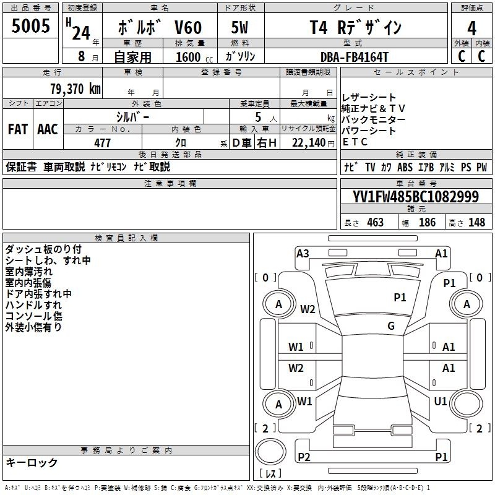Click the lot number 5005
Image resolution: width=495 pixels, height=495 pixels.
click(x=30, y=25)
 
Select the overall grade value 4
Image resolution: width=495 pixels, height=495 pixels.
click(x=471, y=28)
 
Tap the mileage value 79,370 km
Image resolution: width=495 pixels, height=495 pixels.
click(x=75, y=89)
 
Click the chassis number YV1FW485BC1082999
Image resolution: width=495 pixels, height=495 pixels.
click(x=416, y=197)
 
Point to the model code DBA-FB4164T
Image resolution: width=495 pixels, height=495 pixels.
click(x=354, y=57)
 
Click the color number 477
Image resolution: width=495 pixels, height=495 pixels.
click(x=102, y=143)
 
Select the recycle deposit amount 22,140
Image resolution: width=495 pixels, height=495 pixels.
click(x=309, y=143)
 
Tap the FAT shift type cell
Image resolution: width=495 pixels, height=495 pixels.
click(x=18, y=129)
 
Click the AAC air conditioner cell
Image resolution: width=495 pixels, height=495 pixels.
click(x=48, y=129)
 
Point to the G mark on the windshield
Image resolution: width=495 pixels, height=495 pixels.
click(x=391, y=325)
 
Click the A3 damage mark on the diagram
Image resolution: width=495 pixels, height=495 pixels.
click(x=303, y=254)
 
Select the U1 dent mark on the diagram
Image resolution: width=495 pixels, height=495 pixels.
click(x=441, y=401)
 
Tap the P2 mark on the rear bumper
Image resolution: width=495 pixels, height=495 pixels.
click(x=304, y=457)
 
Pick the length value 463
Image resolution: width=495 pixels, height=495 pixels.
click(x=376, y=222)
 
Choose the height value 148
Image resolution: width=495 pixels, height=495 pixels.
click(x=476, y=222)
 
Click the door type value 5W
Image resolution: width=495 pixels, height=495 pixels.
click(x=239, y=27)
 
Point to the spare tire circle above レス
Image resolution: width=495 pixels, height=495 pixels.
click(x=270, y=451)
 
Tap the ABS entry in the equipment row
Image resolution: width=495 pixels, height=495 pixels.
click(x=405, y=167)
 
